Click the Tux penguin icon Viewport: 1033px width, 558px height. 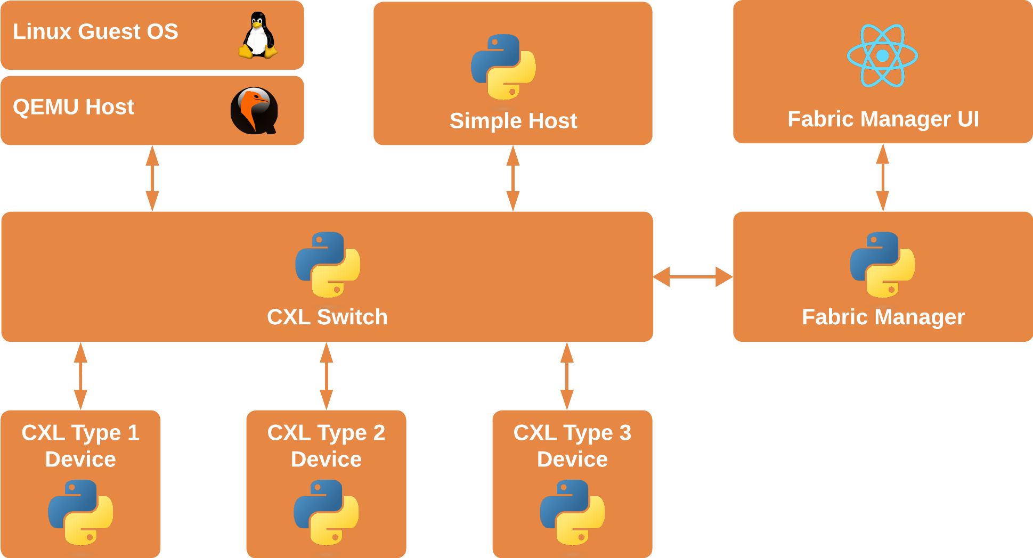point(258,35)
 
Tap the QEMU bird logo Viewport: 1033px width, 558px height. point(254,111)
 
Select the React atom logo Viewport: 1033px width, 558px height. point(883,55)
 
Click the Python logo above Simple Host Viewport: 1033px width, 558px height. point(503,67)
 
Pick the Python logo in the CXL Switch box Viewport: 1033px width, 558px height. point(328,265)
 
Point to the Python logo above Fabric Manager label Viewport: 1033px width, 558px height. point(882,265)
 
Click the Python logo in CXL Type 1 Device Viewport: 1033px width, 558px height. point(80,512)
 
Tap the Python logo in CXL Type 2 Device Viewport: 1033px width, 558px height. point(326,512)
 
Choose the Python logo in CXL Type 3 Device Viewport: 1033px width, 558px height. point(572,512)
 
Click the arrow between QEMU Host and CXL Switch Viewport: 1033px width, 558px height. point(152,178)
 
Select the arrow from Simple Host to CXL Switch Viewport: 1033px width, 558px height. point(513,178)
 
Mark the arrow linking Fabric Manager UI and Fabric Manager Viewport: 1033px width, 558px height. point(883,178)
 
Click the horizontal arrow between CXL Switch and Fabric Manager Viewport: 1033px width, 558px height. point(693,277)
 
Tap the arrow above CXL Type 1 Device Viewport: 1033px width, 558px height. point(80,376)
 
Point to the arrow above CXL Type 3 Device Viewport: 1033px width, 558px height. point(567,376)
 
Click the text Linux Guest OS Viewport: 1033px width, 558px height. point(95,32)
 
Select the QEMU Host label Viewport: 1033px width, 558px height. point(74,107)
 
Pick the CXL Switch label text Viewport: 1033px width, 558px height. point(327,317)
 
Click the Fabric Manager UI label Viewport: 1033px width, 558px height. point(883,119)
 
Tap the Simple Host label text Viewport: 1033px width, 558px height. point(513,121)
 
